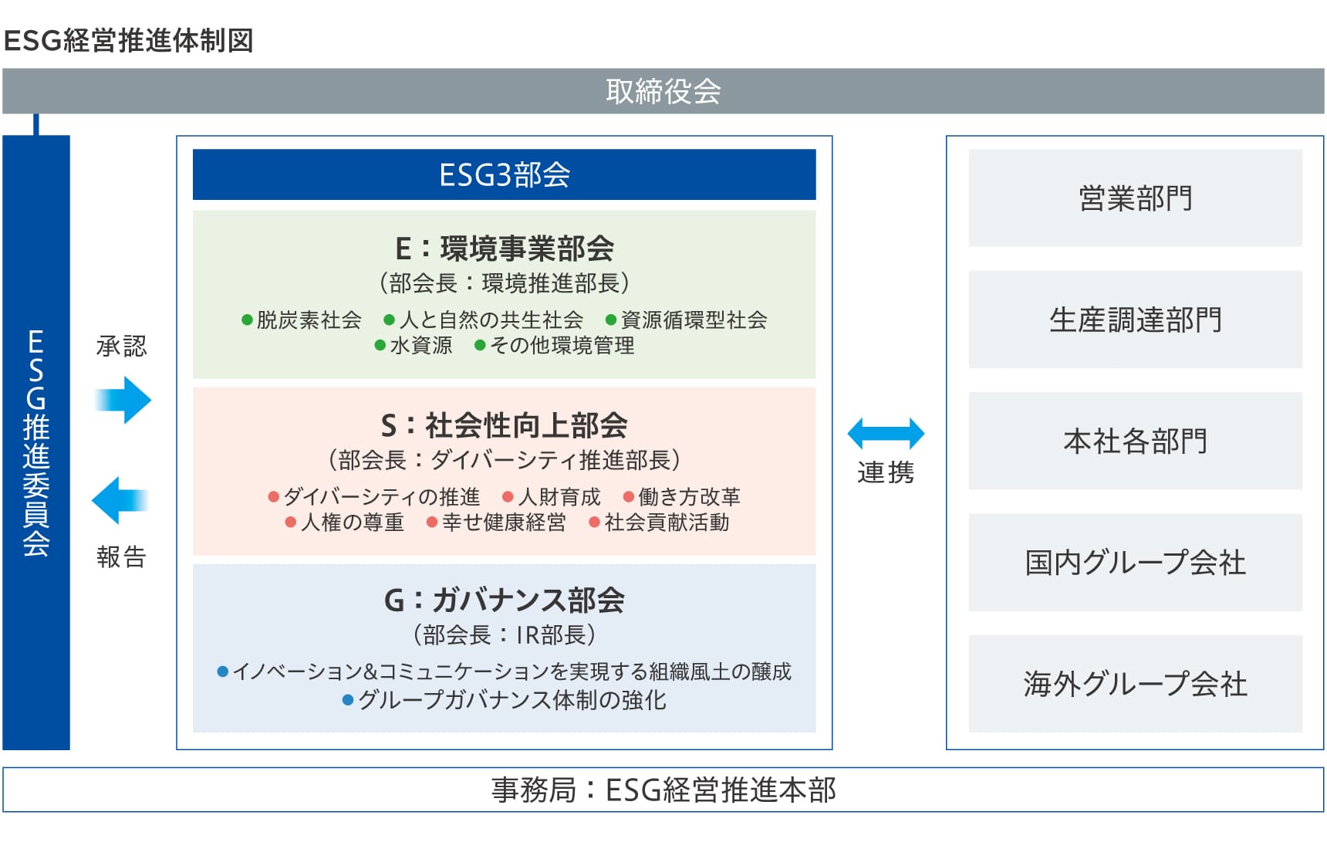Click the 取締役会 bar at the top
tap(663, 91)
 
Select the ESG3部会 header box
tap(504, 174)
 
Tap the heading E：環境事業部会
tap(504, 249)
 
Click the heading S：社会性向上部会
tap(504, 425)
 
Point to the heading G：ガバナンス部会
tap(504, 600)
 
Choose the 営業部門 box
tap(1135, 198)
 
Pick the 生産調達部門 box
tap(1135, 320)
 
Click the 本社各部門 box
tap(1135, 441)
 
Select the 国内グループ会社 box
tap(1135, 563)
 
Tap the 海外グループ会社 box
tap(1135, 684)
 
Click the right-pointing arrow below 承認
tap(123, 400)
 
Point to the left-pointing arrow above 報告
tap(120, 500)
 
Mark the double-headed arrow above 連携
tap(886, 433)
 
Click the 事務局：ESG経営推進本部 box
tap(663, 790)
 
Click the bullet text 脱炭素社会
tap(309, 320)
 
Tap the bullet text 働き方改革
tap(689, 496)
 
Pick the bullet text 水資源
tap(420, 345)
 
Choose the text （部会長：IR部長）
tap(504, 634)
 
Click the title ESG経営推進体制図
tap(129, 40)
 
